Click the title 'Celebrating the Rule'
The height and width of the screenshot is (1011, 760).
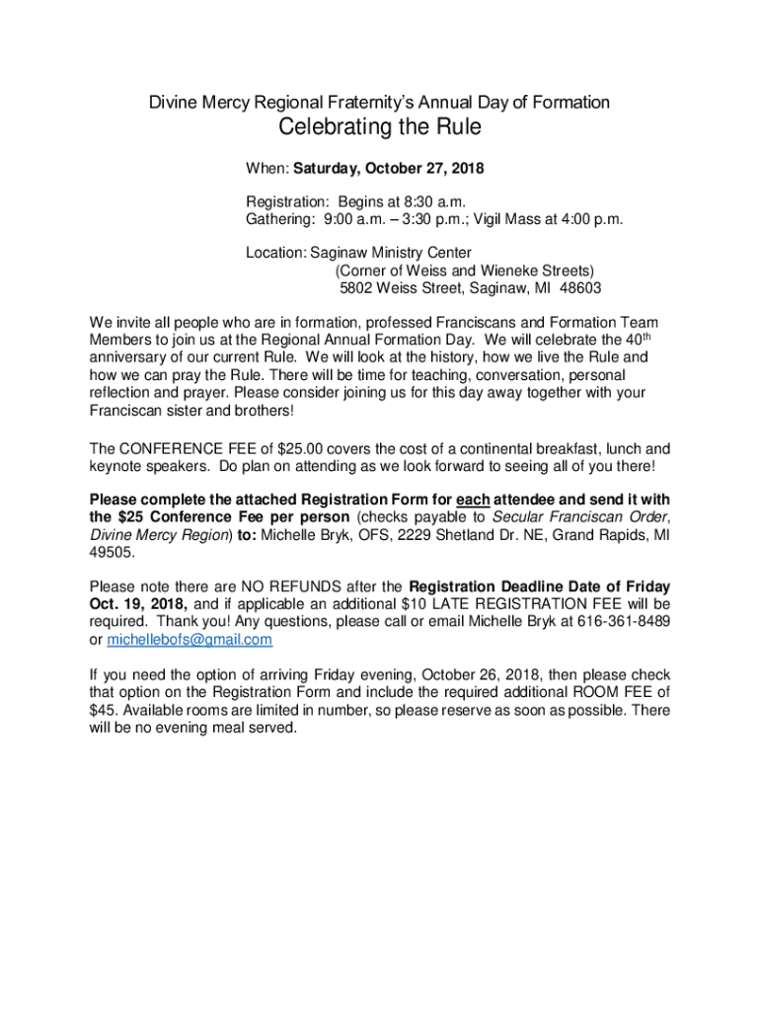point(379,129)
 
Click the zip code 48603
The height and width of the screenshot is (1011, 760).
point(579,288)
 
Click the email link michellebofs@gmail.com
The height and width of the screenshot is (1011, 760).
point(190,640)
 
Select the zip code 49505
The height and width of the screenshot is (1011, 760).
point(109,553)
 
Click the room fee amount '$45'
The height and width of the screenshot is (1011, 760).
point(102,710)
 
